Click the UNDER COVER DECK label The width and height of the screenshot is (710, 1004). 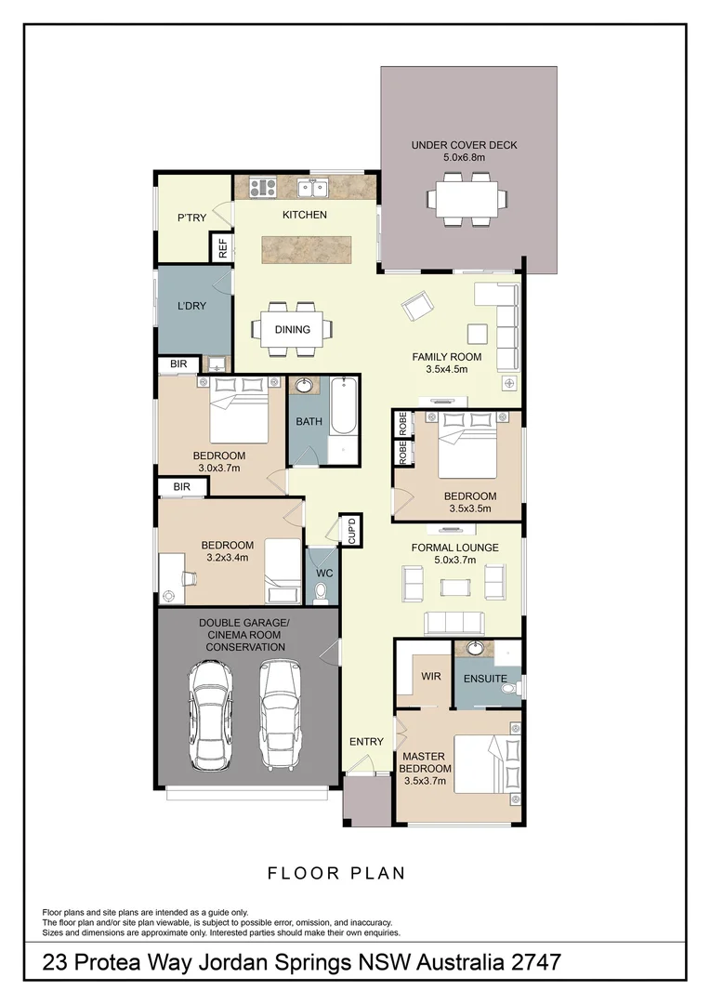coord(465,145)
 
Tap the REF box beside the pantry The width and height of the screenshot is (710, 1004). coord(222,248)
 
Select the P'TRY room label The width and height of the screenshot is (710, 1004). coord(191,218)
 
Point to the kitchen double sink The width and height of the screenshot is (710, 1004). coord(311,189)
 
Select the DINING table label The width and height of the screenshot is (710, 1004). coord(292,329)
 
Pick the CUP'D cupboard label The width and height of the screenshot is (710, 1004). coord(352,530)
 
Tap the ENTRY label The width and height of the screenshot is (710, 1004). coord(366,741)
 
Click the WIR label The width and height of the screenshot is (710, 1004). coord(430,677)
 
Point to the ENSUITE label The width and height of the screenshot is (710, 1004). coord(486,679)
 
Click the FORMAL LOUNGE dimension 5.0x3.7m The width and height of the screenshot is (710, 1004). coord(455,560)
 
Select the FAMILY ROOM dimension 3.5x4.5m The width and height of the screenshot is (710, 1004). coord(453,369)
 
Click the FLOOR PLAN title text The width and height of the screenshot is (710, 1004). coord(336,873)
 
